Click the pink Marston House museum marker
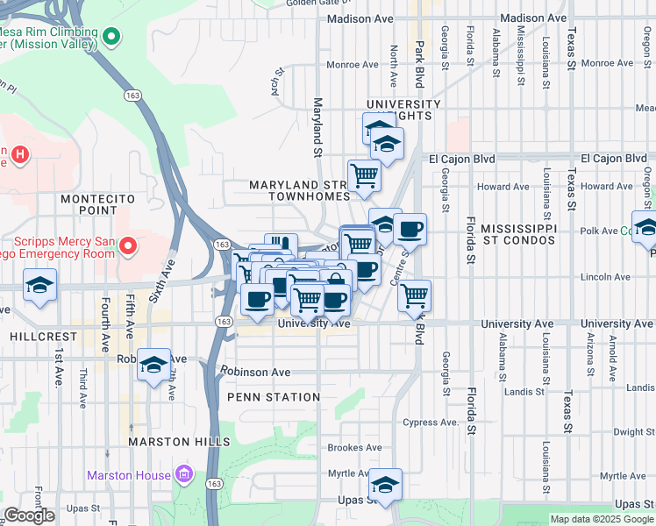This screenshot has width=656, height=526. (184, 475)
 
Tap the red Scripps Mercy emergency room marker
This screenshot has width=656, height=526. (128, 245)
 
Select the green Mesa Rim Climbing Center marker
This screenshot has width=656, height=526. (111, 37)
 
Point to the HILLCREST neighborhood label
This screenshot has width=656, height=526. (33, 336)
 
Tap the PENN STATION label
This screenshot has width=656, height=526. (274, 397)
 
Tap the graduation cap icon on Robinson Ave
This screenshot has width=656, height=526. (153, 364)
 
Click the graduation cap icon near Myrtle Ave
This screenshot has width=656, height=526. (385, 483)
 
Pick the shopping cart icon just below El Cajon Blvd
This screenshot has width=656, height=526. (364, 174)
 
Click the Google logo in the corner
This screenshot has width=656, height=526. (28, 515)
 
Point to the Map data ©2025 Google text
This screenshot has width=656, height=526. (601, 519)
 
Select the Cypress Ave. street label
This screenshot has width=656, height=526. (431, 422)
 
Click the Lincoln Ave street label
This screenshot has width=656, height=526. (606, 277)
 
